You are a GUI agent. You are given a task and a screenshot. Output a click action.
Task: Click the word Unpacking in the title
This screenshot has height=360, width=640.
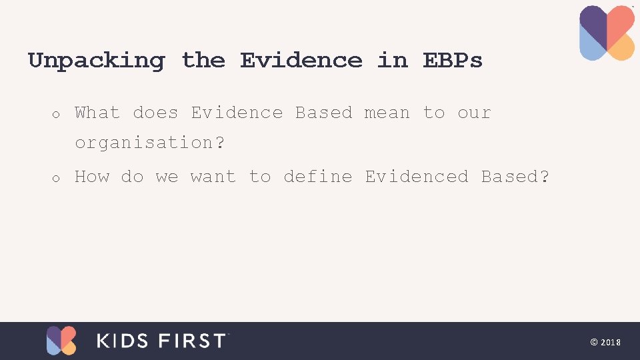(96, 61)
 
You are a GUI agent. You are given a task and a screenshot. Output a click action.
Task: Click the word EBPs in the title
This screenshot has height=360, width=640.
(453, 61)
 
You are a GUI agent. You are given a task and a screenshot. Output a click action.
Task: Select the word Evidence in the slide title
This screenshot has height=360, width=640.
(301, 61)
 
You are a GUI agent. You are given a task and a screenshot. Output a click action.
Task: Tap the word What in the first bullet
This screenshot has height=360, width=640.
(97, 113)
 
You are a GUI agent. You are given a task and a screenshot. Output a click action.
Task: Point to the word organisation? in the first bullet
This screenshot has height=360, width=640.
(150, 143)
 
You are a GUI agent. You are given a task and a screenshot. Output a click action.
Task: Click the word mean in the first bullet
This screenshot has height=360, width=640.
(387, 113)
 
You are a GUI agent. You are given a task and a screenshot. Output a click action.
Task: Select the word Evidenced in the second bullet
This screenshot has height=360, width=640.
(417, 177)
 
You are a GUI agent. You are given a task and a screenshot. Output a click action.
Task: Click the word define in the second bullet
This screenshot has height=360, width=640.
(317, 177)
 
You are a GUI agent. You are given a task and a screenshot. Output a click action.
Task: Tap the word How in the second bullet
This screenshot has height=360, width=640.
(92, 177)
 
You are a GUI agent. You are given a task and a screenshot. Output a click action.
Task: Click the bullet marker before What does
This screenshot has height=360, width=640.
(57, 115)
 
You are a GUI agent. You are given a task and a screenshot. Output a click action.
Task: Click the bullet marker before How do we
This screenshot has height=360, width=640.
(57, 179)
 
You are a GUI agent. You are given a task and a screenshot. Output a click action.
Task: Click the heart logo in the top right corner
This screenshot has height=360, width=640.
(607, 33)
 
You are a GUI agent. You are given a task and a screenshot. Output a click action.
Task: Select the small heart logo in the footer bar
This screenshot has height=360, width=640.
(61, 340)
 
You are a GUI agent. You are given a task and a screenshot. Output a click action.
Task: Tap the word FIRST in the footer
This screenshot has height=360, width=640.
(193, 341)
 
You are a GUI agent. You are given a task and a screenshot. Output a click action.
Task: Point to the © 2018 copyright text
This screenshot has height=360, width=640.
(605, 342)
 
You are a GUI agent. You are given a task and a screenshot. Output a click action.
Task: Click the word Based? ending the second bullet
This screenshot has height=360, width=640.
(515, 177)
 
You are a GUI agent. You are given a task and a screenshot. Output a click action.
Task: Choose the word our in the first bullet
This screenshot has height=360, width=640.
(474, 113)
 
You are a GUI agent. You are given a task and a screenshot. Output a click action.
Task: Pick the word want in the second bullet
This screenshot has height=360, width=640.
(213, 177)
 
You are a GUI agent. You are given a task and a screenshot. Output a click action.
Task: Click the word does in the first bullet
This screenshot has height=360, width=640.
(155, 113)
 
